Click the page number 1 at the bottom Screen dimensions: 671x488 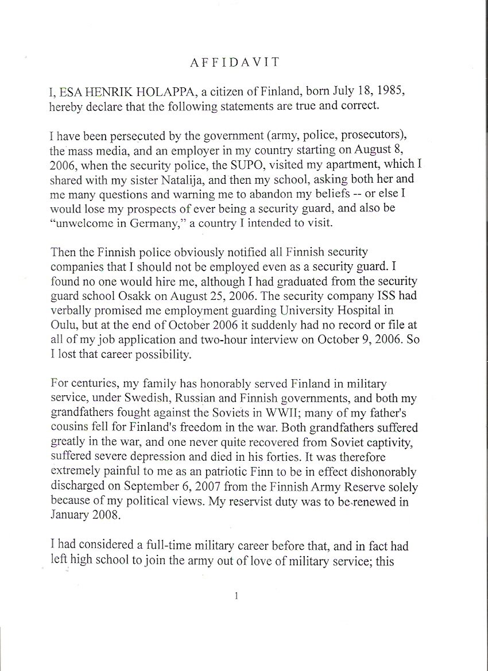tap(237, 596)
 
